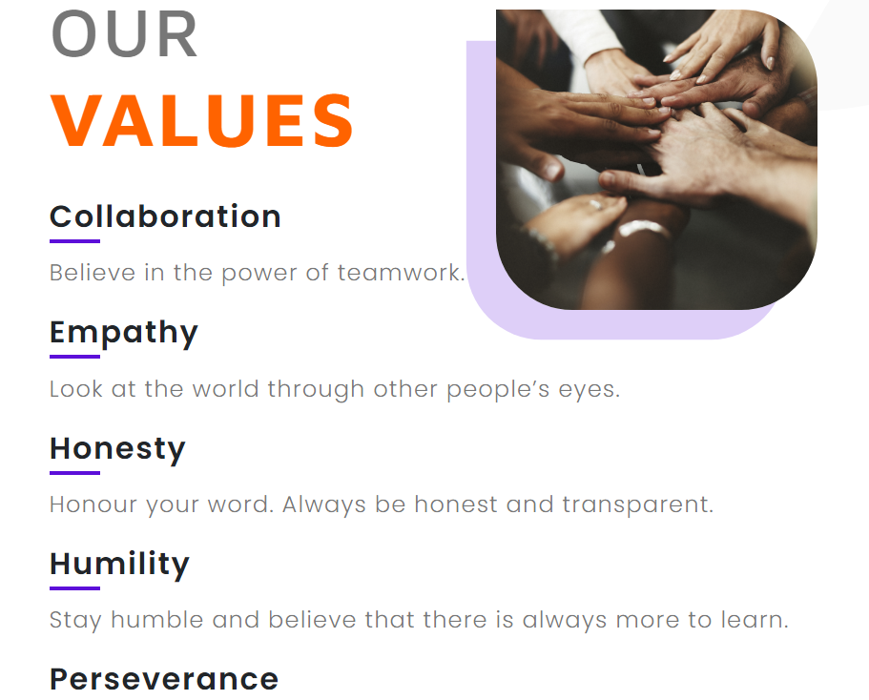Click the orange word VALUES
202,120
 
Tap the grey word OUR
124,34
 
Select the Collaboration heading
165,216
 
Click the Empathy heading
124,333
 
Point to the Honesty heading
117,449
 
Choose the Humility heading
119,565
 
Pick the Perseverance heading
164,679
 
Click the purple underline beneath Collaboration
74,241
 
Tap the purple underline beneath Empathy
74,357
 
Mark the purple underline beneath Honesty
74,473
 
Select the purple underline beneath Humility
74,588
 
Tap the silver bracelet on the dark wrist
643,228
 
